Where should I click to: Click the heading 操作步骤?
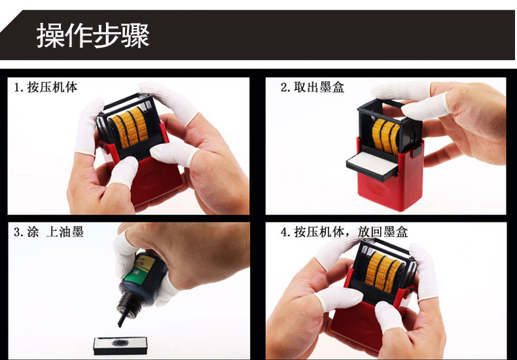pos(93,35)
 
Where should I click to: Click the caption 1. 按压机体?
pos(46,87)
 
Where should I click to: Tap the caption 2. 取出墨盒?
pos(312,87)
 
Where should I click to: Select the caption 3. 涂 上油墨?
pos(48,232)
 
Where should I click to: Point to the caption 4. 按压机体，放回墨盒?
pos(344,232)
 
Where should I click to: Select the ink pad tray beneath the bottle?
pos(120,346)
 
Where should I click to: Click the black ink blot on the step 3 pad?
pos(119,343)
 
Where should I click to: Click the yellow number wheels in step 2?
pos(385,136)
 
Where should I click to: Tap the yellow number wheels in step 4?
pos(383,272)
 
